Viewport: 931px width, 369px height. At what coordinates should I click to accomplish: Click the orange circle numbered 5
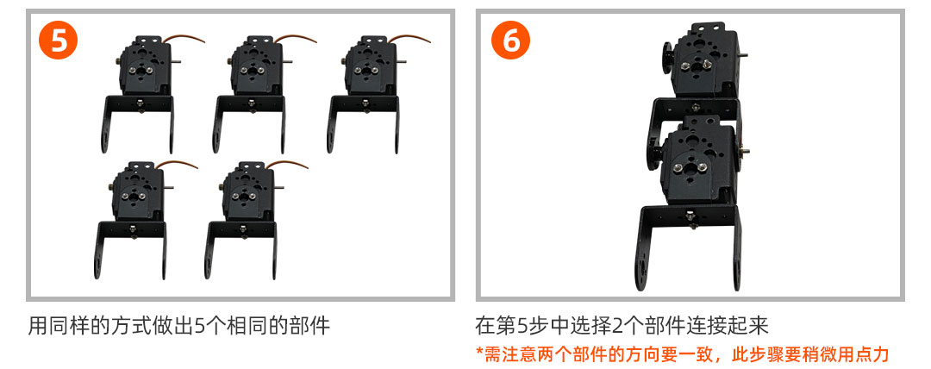point(58,41)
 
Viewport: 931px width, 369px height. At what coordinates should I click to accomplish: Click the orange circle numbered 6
point(510,41)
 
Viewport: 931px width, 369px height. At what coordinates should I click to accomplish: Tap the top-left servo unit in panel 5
point(152,94)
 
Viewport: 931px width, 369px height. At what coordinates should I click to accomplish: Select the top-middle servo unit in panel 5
point(265,94)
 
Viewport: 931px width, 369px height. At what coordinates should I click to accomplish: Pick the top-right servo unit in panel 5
point(378,94)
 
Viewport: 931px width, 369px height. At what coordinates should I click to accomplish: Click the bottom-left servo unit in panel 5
point(145,220)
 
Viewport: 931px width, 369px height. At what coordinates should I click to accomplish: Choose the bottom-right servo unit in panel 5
point(256,220)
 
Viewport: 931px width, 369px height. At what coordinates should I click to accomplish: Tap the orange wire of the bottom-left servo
point(177,164)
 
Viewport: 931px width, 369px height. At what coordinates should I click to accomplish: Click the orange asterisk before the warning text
point(480,353)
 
